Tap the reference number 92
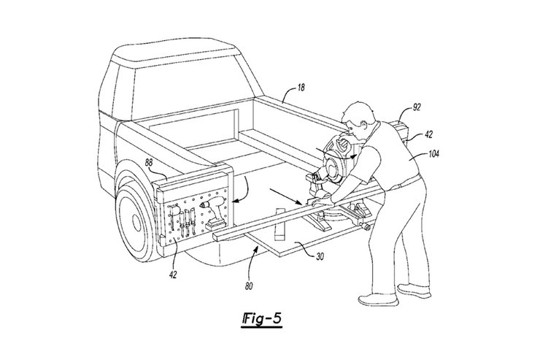pos(417,107)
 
